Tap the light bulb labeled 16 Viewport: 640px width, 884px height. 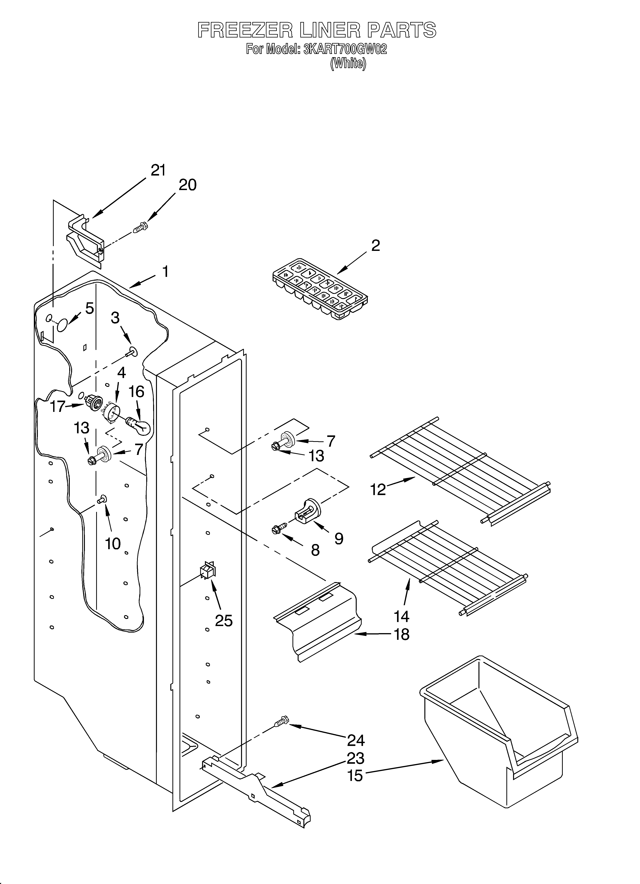click(x=139, y=427)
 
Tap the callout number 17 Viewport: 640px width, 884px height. click(x=57, y=407)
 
